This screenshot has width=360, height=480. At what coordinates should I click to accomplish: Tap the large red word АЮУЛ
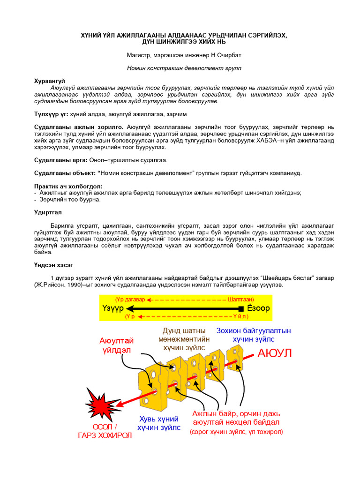click(x=274, y=353)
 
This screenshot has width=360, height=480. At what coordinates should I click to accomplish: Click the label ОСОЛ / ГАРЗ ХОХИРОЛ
click(x=105, y=431)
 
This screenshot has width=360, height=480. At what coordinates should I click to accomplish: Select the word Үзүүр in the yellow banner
click(x=112, y=308)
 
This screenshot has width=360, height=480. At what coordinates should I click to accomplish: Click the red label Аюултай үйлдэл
click(x=116, y=345)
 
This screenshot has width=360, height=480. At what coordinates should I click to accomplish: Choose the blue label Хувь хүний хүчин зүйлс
click(x=158, y=423)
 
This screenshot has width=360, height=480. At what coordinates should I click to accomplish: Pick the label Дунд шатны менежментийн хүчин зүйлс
click(x=184, y=339)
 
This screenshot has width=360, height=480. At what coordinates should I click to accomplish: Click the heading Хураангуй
click(x=50, y=81)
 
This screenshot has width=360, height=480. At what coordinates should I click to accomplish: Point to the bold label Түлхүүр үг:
click(x=51, y=114)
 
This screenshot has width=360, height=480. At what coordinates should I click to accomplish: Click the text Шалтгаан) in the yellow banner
click(x=240, y=299)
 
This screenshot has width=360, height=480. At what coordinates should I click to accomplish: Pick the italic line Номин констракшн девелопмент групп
click(x=184, y=68)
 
